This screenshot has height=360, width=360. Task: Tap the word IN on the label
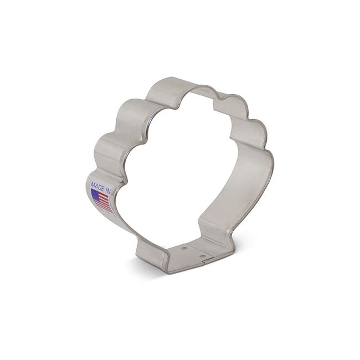pos(107,187)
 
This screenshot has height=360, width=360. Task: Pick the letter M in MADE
pos(91,182)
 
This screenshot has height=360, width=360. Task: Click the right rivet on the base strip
pos(203,256)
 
